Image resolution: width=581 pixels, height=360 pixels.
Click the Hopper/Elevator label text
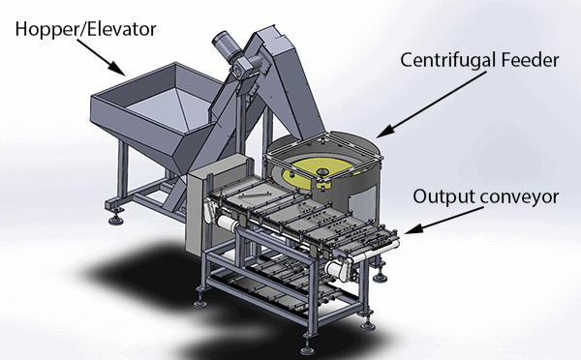[x=85, y=29]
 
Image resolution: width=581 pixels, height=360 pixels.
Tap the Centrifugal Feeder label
[x=479, y=60]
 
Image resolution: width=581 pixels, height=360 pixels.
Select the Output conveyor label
[x=486, y=197]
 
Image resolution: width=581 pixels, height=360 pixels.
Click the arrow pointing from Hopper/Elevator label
[x=101, y=57]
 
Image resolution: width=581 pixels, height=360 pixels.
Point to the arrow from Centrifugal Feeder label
[x=431, y=105]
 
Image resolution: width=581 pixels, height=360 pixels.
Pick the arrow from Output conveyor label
[x=443, y=221]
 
